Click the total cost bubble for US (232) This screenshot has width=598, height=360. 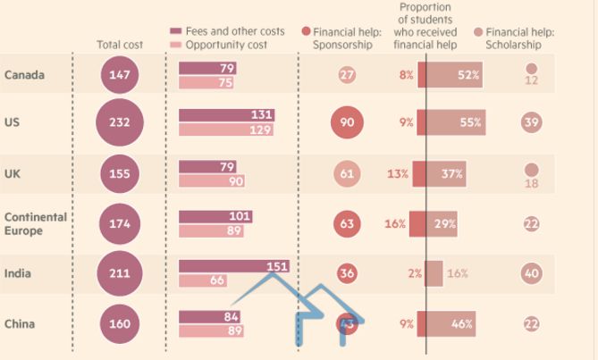pyautogui.click(x=118, y=122)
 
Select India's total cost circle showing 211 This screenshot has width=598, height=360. pyautogui.click(x=118, y=273)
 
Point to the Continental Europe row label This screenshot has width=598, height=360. pyautogui.click(x=34, y=223)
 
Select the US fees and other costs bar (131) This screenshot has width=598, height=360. pyautogui.click(x=226, y=115)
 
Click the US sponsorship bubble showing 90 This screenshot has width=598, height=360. pyautogui.click(x=347, y=122)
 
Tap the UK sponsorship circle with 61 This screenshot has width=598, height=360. pyautogui.click(x=348, y=174)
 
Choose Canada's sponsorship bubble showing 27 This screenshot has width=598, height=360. pyautogui.click(x=348, y=75)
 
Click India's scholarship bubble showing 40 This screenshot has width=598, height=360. pyautogui.click(x=532, y=273)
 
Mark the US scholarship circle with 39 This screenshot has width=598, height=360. pyautogui.click(x=532, y=122)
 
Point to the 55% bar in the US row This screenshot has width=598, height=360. pyautogui.click(x=456, y=122)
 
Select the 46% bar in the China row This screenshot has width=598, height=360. pyautogui.click(x=451, y=322)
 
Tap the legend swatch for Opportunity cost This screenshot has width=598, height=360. pyautogui.click(x=176, y=44)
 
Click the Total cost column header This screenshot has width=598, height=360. pyautogui.click(x=119, y=45)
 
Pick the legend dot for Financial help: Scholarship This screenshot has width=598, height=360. pyautogui.click(x=478, y=31)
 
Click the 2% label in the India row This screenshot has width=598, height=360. pyautogui.click(x=415, y=273)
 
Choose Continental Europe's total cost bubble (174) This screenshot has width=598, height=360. pyautogui.click(x=118, y=223)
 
